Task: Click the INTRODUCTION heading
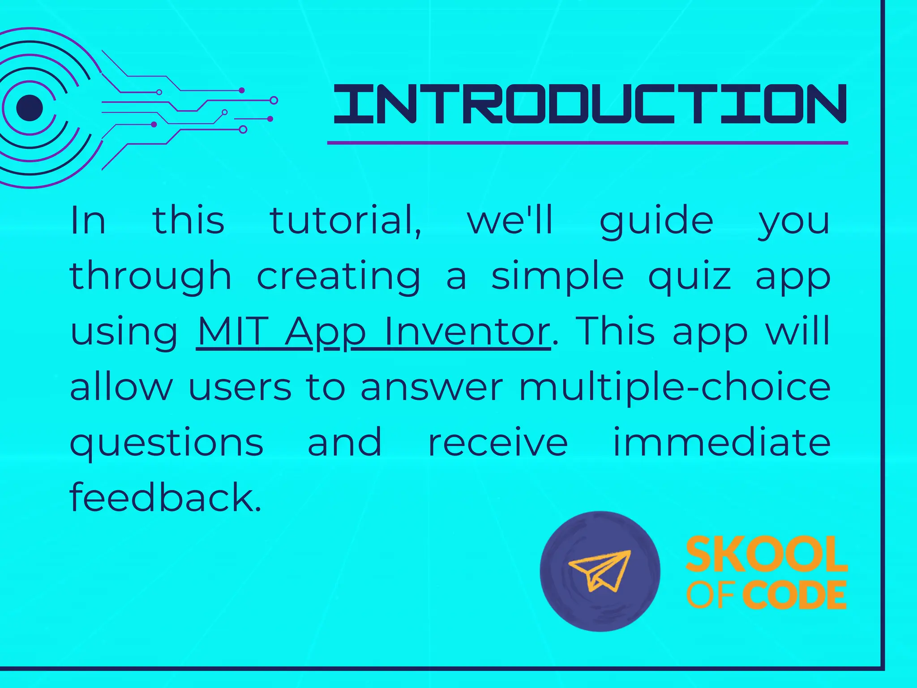tap(589, 104)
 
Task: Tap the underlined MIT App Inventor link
tap(373, 332)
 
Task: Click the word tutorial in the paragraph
tap(345, 220)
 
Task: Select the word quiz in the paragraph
tap(690, 276)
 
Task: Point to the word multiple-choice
tap(674, 388)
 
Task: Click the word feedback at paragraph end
tap(165, 498)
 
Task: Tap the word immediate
tap(721, 443)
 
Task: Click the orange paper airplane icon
tap(600, 570)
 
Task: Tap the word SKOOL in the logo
tap(766, 555)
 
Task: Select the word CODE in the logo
tap(794, 595)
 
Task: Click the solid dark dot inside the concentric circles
tap(30, 108)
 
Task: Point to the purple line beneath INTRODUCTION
tap(587, 143)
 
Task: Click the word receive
tap(498, 443)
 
